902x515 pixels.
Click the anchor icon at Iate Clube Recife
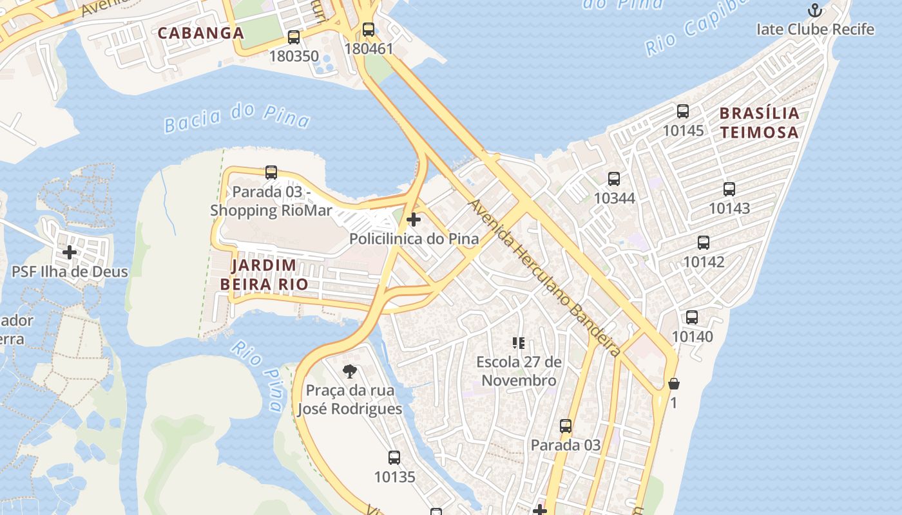815,10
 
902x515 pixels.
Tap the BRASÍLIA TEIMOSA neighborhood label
759,123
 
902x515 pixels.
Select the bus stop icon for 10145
683,111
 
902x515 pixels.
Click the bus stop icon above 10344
614,179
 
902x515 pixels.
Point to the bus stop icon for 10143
729,189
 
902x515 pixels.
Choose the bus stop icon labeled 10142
703,243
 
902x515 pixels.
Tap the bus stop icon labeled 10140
692,317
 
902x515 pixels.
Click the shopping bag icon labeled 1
674,384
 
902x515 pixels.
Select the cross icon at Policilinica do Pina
414,220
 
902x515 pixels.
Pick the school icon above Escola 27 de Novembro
519,343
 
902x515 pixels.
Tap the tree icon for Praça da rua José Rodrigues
350,371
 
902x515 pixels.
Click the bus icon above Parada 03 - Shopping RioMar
271,173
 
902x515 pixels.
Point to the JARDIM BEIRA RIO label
264,274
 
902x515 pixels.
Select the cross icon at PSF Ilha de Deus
70,252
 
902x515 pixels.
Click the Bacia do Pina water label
236,117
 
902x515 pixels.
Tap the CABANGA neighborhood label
200,33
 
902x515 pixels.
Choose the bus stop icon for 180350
294,37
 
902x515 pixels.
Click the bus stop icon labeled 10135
394,458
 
